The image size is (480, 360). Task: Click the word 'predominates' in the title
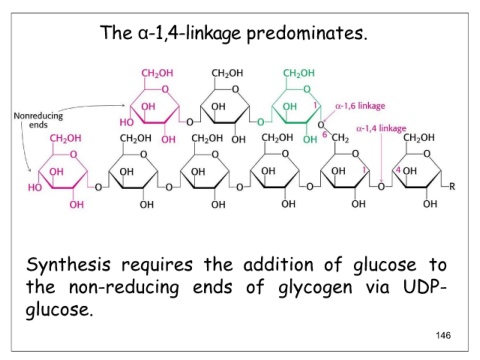tap(307, 34)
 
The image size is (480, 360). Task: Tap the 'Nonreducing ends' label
tap(38, 120)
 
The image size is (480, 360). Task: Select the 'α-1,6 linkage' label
tap(360, 106)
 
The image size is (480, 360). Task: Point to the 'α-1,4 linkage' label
tap(381, 128)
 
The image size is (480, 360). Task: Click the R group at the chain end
tap(452, 186)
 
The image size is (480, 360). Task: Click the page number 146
tap(443, 335)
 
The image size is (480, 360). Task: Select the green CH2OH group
tap(299, 73)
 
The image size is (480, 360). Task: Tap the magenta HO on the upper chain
tap(126, 122)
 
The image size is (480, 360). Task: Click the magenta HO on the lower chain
tap(35, 187)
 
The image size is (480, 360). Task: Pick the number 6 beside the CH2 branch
tap(324, 134)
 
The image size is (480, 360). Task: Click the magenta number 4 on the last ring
tap(398, 170)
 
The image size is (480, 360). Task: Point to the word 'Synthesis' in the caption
tap(68, 265)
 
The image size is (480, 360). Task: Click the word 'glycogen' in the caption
tap(315, 288)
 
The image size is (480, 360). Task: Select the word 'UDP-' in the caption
tap(424, 287)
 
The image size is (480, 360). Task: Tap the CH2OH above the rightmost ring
tap(419, 138)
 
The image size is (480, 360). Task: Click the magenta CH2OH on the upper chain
tap(157, 73)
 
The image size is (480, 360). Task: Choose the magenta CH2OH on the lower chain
tap(65, 138)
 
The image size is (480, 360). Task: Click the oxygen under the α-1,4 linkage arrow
tap(381, 187)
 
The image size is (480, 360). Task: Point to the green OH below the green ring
tap(310, 139)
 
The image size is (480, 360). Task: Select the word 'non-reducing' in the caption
tap(124, 288)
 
